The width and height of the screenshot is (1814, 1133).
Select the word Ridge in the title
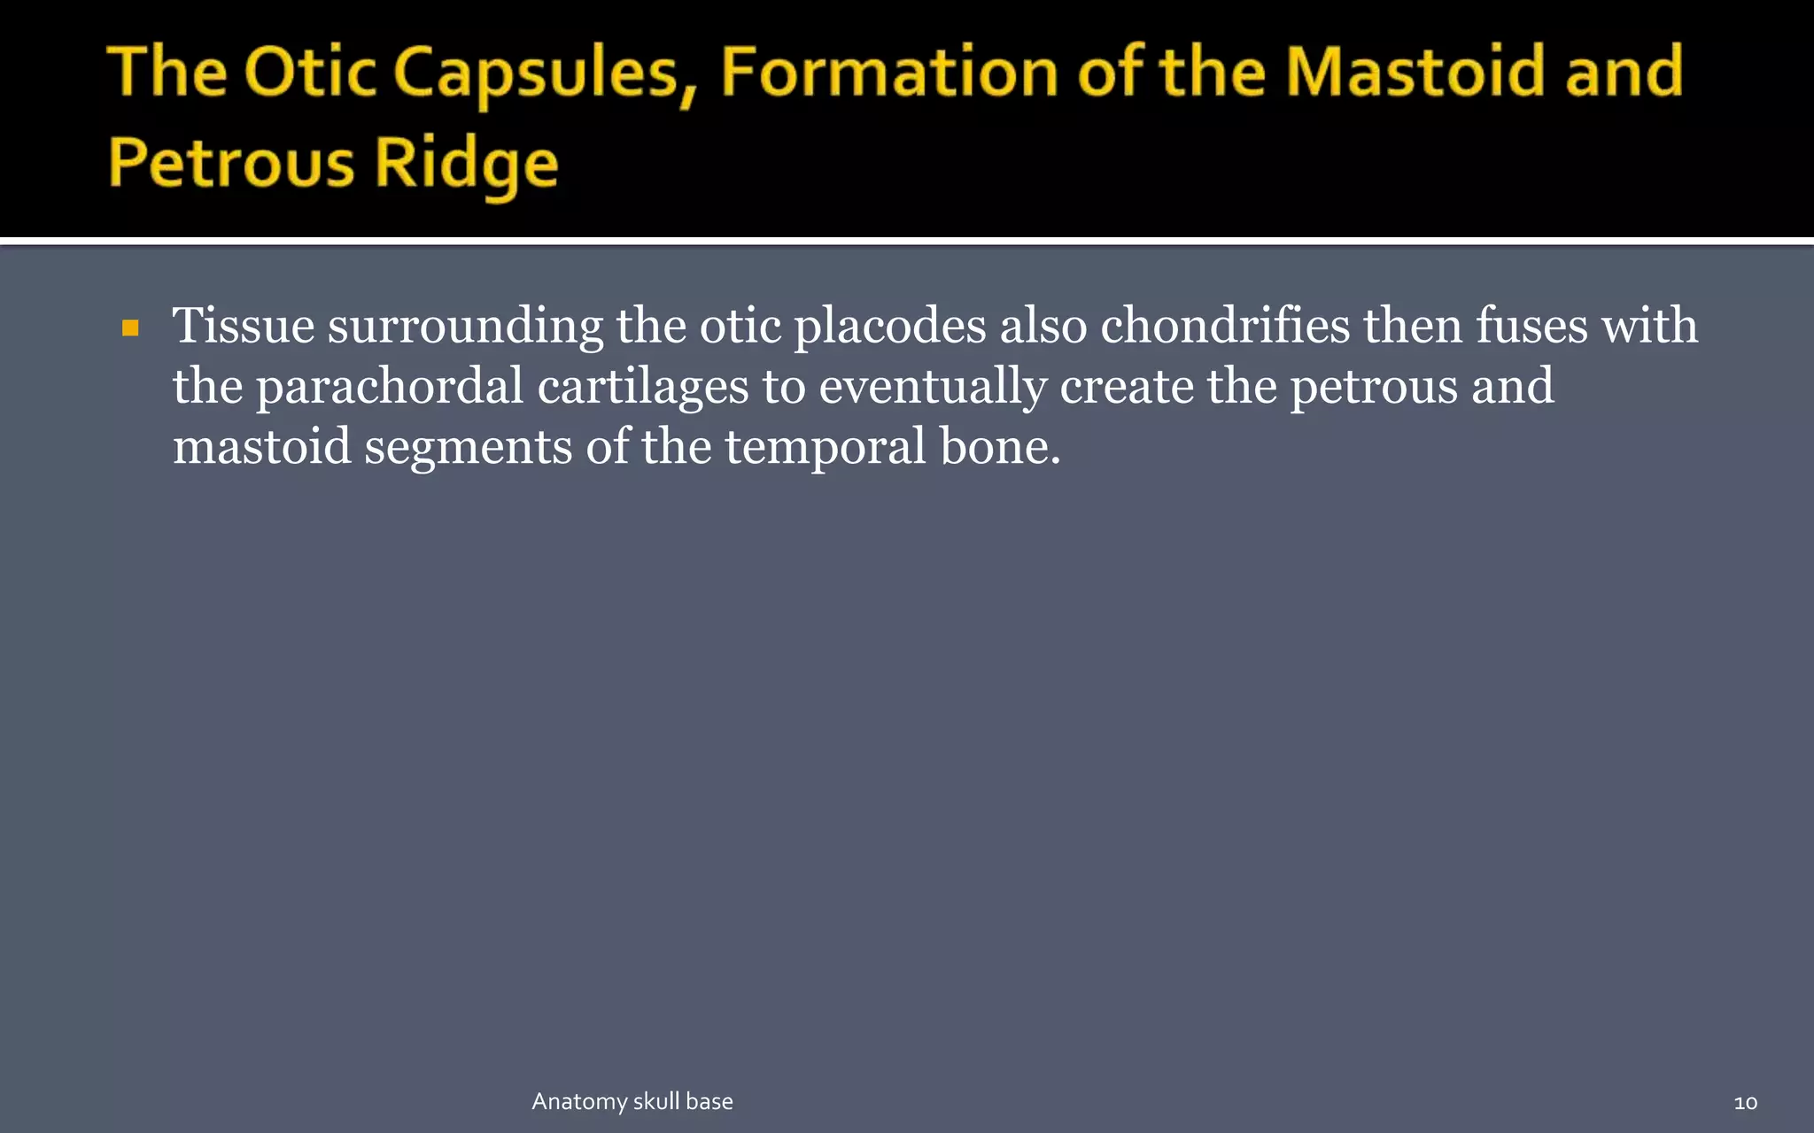point(466,165)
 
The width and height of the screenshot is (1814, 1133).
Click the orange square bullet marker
point(131,329)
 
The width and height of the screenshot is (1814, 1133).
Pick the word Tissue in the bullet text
point(243,326)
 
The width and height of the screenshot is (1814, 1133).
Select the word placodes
point(889,326)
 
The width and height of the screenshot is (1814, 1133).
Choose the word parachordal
point(390,388)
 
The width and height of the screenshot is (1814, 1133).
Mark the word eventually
point(932,388)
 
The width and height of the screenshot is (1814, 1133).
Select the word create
point(1127,386)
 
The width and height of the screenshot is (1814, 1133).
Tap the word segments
point(468,447)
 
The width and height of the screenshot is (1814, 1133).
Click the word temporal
point(826,447)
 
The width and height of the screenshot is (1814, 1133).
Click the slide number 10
point(1745,1103)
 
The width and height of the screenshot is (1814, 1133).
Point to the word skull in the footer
point(656,1101)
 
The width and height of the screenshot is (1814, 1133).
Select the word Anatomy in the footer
point(579,1102)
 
